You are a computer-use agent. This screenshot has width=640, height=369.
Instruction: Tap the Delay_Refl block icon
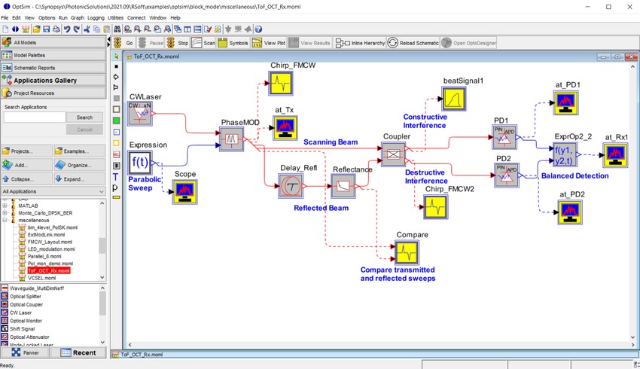tap(291, 185)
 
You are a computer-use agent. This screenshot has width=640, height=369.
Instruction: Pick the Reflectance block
tap(343, 185)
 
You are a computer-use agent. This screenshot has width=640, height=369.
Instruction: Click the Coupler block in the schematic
tap(392, 154)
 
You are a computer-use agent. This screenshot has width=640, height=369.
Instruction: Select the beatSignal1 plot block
tap(455, 97)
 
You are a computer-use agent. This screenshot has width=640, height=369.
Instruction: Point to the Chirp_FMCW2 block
tap(434, 207)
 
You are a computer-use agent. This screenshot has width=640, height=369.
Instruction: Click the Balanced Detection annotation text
tap(574, 175)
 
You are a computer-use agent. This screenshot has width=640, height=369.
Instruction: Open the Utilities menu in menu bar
tap(115, 17)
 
